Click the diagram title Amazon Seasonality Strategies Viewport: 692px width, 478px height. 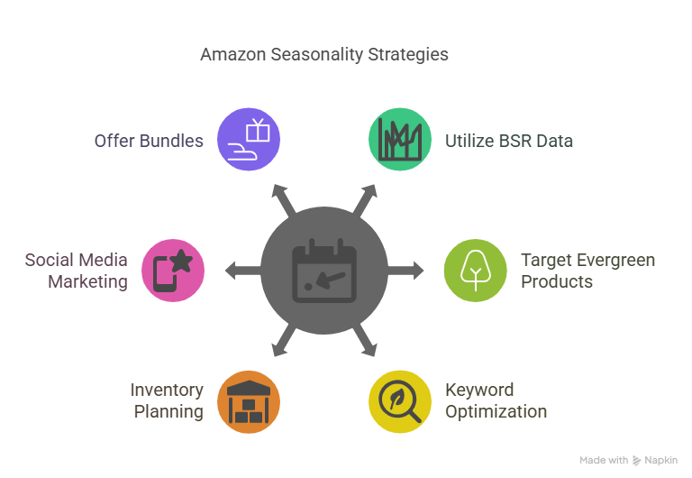click(324, 55)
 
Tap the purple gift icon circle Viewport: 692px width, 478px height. click(249, 139)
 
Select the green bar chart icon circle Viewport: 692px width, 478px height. click(400, 139)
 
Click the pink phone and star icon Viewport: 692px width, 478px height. click(173, 271)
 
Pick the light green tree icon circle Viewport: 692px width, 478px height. click(476, 271)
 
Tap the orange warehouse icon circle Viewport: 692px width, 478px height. click(249, 401)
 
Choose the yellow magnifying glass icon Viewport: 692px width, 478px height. click(400, 401)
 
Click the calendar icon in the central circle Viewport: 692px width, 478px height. click(324, 271)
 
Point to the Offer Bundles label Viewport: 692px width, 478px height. click(149, 141)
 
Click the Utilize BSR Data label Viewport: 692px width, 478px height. click(509, 141)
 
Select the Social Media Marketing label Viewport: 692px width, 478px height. click(77, 271)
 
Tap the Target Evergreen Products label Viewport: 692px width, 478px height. click(587, 271)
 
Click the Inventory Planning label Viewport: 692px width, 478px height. click(167, 400)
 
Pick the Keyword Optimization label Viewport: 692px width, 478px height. click(496, 400)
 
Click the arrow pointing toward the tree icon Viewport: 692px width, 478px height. click(405, 271)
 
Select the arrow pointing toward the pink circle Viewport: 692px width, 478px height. click(243, 271)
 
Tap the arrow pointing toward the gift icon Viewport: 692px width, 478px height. click(283, 200)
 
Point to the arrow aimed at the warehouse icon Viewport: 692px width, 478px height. click(284, 340)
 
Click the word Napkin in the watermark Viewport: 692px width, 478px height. click(660, 460)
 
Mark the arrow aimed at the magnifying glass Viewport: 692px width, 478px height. click(365, 340)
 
